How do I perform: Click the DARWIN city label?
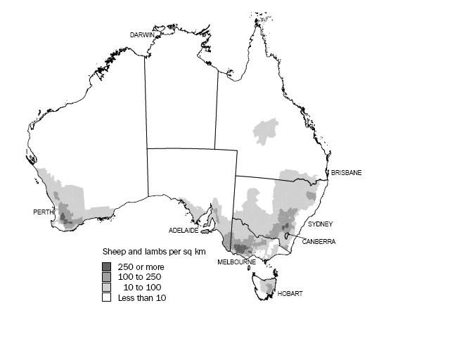[143, 34]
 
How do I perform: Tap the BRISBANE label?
[346, 173]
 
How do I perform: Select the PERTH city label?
[44, 212]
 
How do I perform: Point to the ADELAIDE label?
[184, 231]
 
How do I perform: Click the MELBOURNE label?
[236, 262]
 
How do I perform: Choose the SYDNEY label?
[320, 224]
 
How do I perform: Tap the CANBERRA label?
[319, 241]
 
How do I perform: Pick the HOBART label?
[290, 294]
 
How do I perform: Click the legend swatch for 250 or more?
[107, 266]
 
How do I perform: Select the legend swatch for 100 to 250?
[107, 277]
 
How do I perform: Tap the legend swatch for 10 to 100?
[107, 288]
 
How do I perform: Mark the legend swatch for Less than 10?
[107, 298]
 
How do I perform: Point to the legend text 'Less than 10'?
[142, 298]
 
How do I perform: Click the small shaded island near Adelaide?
[206, 230]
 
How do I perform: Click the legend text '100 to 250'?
[139, 277]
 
